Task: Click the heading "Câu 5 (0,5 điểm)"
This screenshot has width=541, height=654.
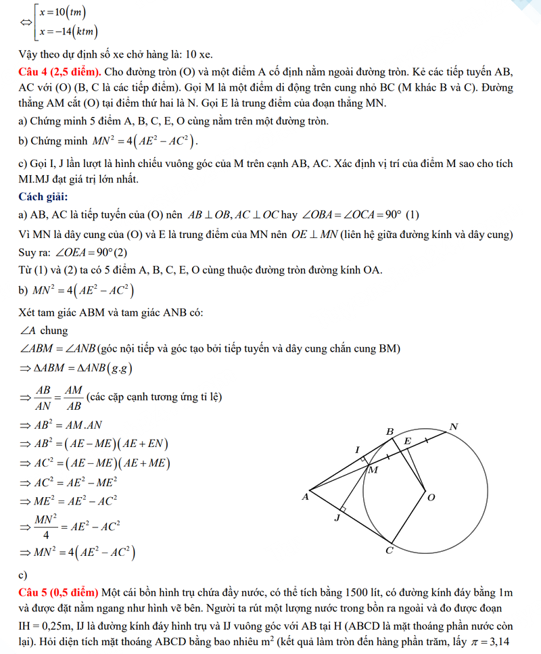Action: pos(59,593)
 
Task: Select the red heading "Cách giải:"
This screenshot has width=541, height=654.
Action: pos(43,197)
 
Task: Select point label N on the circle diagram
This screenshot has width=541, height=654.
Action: pos(453,427)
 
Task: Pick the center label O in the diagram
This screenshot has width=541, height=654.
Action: pos(431,497)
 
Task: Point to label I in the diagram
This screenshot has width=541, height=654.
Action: pos(357,450)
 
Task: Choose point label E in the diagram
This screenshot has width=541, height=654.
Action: pos(407,441)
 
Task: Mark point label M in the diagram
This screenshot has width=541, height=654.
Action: pos(373,470)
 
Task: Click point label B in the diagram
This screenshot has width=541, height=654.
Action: pos(390,431)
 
